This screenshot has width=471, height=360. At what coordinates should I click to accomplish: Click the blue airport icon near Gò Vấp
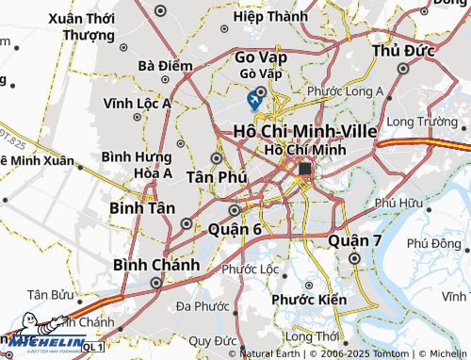point(254,98)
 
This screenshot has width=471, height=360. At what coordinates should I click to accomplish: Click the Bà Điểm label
point(158,66)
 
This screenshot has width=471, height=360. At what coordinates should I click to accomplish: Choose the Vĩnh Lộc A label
point(138,104)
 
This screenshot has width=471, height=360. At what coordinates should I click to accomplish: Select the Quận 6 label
point(235,229)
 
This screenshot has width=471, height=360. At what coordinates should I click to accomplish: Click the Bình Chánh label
point(156,265)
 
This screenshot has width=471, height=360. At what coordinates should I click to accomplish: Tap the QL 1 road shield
point(92,348)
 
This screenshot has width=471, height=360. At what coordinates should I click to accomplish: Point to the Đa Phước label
point(203,305)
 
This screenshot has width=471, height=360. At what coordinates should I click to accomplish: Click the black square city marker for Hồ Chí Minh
point(305,169)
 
